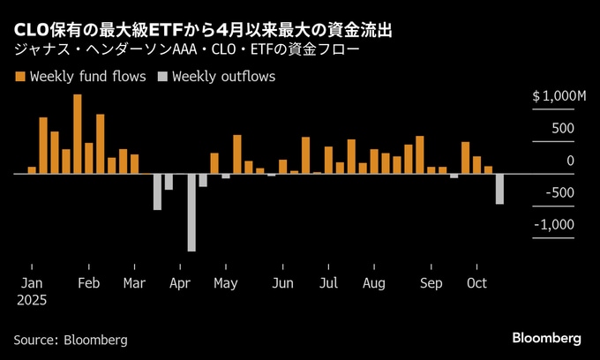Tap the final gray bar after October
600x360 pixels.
point(499,189)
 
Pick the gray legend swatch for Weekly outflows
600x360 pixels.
point(161,77)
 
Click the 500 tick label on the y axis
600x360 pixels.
point(564,128)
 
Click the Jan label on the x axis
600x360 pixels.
point(31,283)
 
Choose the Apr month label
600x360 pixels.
point(180,283)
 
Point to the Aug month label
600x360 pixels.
point(373,283)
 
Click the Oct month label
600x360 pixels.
point(476,283)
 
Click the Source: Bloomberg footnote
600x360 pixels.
point(71,340)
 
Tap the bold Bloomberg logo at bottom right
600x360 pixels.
point(547,338)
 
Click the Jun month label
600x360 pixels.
point(283,283)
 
